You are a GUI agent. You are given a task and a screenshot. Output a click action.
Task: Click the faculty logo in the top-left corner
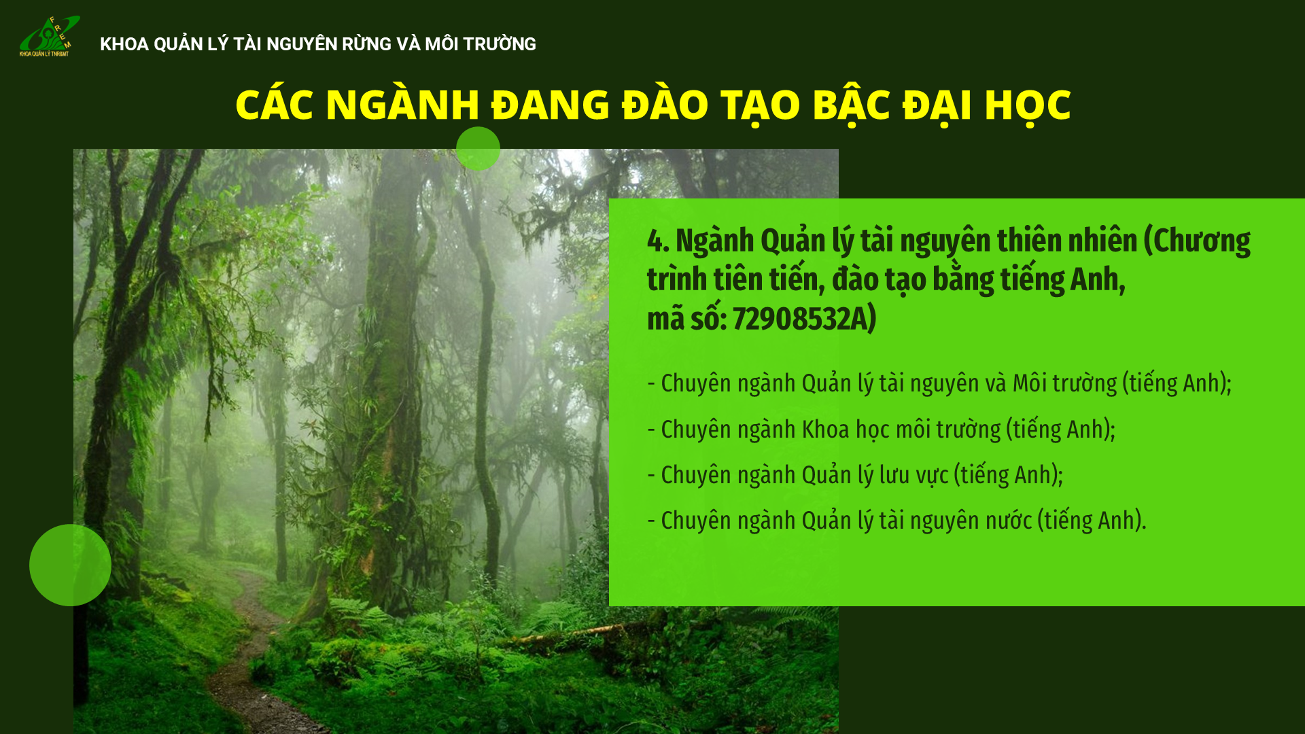[x=50, y=36]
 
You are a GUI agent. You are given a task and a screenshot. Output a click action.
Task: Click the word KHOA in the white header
[x=124, y=44]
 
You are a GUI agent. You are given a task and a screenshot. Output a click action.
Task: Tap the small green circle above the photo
[x=478, y=149]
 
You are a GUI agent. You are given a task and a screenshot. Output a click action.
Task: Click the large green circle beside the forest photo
[x=70, y=565]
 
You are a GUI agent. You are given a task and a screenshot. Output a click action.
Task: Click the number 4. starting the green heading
[x=658, y=241]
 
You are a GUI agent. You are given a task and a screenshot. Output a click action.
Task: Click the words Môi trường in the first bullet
[x=1064, y=383]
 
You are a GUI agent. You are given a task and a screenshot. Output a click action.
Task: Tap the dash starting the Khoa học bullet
[x=651, y=430]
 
